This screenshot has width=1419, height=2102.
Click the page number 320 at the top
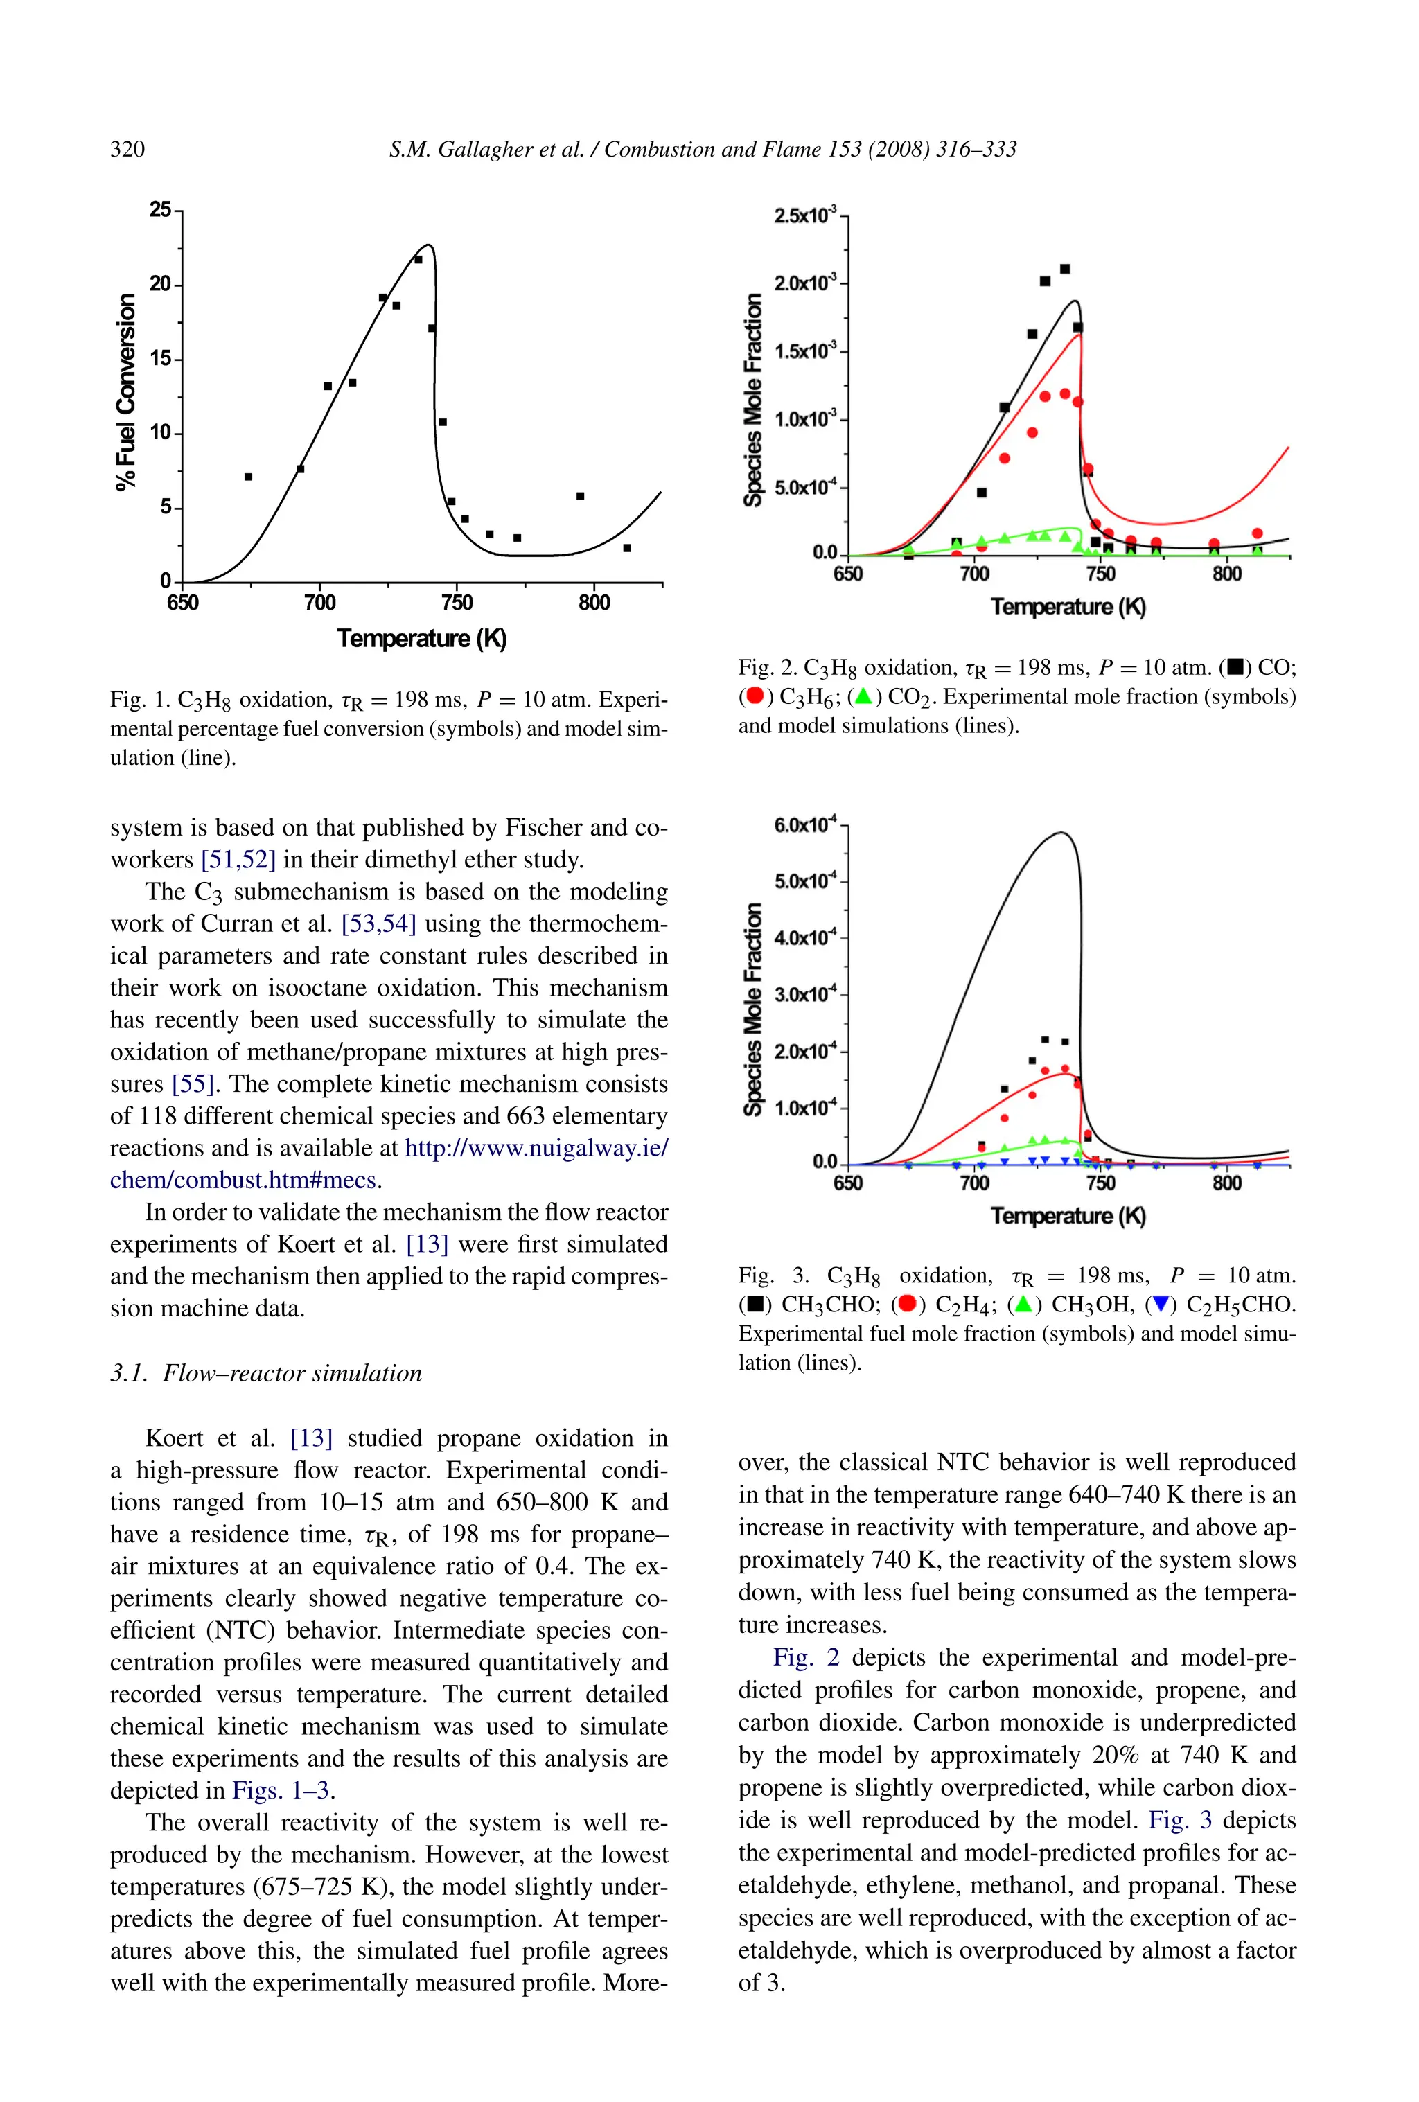tap(127, 149)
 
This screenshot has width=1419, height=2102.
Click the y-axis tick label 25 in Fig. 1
tap(159, 210)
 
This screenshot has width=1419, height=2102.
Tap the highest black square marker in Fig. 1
tap(418, 260)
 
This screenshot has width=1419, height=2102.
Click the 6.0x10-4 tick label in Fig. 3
tap(806, 825)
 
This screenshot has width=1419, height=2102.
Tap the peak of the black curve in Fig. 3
tap(1061, 832)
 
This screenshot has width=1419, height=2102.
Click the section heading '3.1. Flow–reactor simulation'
tap(266, 1373)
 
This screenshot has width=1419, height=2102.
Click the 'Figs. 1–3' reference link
tap(281, 1790)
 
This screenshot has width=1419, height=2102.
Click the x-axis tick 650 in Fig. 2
tap(847, 574)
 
